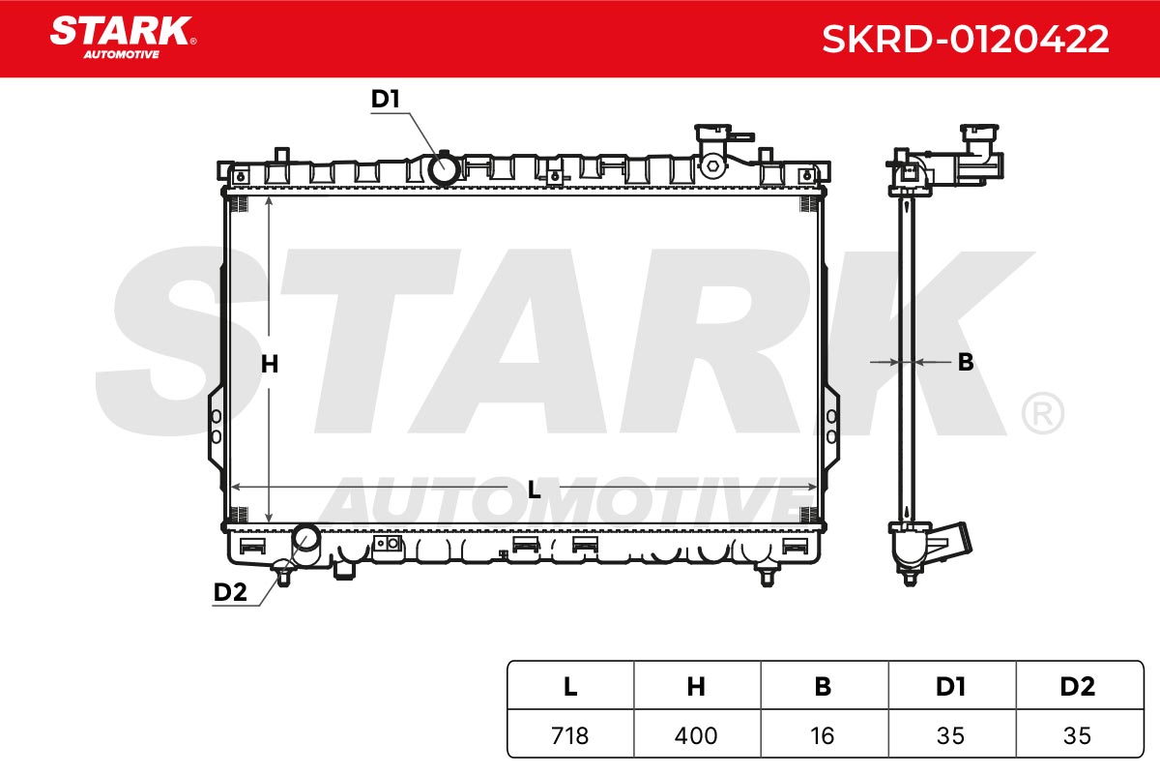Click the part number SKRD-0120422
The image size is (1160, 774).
tap(966, 39)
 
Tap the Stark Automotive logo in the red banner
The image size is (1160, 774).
tap(123, 38)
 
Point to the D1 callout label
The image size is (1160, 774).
tap(386, 99)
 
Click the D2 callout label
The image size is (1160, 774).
tap(230, 592)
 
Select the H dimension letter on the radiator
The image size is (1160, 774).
tap(270, 364)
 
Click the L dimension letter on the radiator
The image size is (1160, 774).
tap(534, 490)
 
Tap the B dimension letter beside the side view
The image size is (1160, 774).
tap(966, 362)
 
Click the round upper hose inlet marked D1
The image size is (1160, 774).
tap(444, 168)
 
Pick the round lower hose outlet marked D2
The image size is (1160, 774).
tap(306, 540)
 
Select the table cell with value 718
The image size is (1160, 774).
tap(570, 735)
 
